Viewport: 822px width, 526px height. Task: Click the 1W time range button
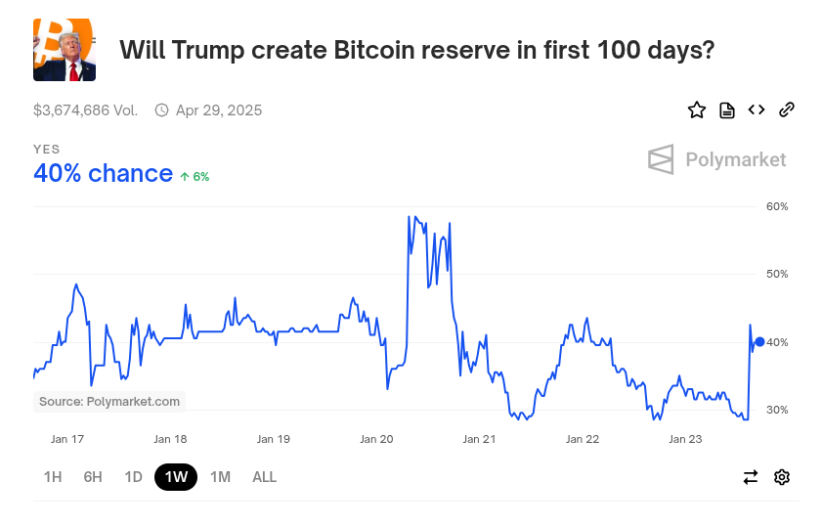[x=176, y=477]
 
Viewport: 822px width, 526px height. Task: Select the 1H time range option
[x=53, y=477]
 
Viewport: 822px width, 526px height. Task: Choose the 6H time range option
[x=93, y=477]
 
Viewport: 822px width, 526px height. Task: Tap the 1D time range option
[x=134, y=477]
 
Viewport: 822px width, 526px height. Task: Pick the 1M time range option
[x=220, y=477]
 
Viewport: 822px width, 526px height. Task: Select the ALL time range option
[x=264, y=477]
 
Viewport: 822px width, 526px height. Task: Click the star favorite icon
[x=697, y=110]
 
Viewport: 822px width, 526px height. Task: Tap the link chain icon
[x=787, y=110]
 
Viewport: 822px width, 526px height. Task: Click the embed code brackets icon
[x=757, y=110]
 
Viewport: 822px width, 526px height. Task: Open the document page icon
[x=727, y=110]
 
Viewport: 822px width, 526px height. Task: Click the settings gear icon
[x=782, y=477]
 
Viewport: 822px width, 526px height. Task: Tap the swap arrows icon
[x=751, y=477]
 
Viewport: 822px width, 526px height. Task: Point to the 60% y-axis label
[x=777, y=207]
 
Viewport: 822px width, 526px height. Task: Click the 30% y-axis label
[x=777, y=410]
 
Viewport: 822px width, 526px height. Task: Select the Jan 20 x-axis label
[x=376, y=439]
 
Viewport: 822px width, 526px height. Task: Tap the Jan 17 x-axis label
[x=67, y=439]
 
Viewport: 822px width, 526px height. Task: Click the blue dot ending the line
[x=759, y=341]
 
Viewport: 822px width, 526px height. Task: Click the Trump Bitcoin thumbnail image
[x=65, y=50]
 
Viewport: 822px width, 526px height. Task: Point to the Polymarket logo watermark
[x=716, y=159]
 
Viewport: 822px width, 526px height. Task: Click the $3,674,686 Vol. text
[x=85, y=110]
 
